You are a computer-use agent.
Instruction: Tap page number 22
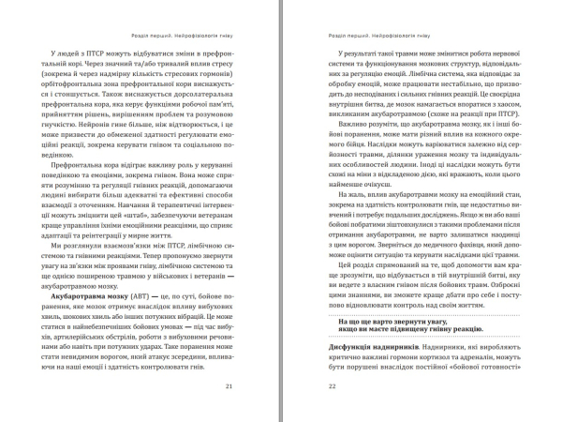pyautogui.click(x=323, y=386)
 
